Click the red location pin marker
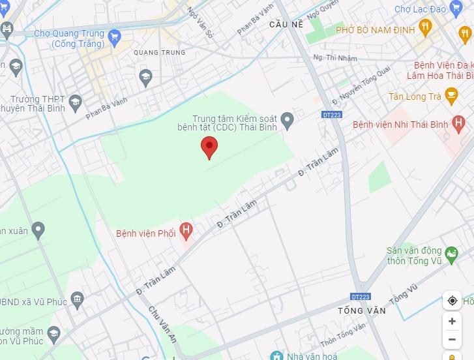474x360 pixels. click(x=209, y=147)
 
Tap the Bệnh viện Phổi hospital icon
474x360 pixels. click(x=186, y=230)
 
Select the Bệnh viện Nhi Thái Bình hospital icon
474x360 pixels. click(x=459, y=121)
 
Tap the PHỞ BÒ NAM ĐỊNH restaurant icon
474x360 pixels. click(x=426, y=26)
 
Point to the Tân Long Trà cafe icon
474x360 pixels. click(x=451, y=97)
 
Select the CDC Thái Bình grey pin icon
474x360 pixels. click(x=287, y=119)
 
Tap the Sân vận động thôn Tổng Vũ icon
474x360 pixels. click(x=451, y=252)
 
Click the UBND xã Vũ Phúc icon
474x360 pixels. click(x=77, y=300)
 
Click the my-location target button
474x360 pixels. click(x=452, y=301)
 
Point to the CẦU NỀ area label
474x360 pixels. click(x=286, y=24)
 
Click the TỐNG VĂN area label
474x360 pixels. click(x=362, y=310)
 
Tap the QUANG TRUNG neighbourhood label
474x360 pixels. click(x=159, y=52)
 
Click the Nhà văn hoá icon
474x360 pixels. click(x=277, y=356)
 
